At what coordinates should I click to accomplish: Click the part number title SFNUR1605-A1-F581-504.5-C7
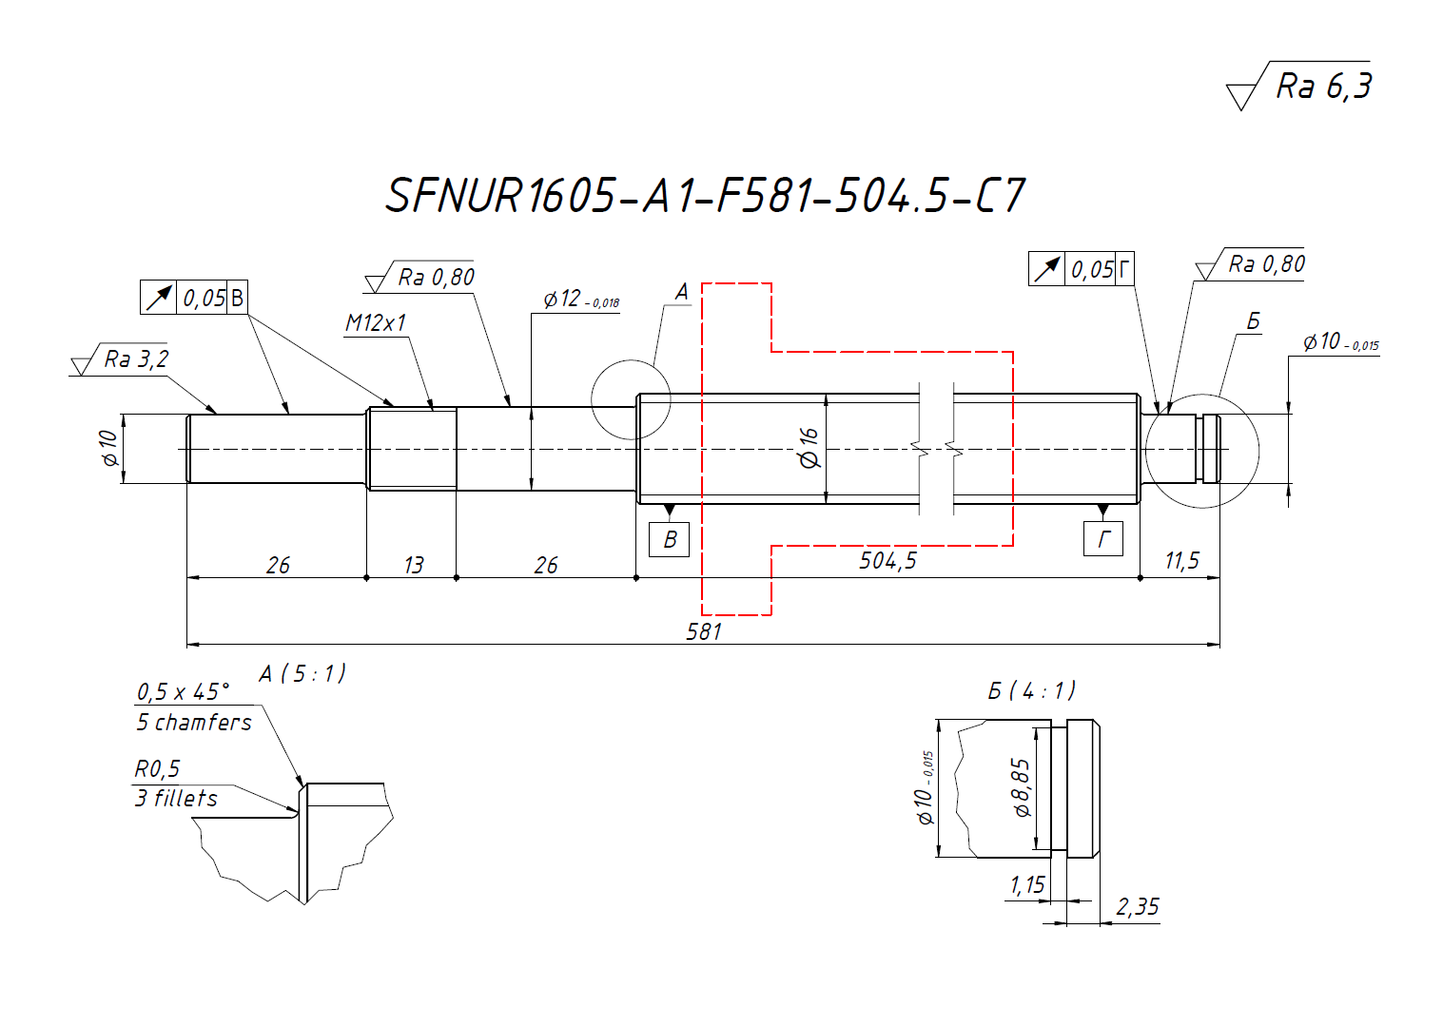705,195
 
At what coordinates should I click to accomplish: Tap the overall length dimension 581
704,631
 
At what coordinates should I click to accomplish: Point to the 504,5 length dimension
887,561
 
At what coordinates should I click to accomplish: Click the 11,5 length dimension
1181,561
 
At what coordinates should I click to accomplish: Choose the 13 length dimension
413,566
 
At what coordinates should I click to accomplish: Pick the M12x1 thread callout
376,323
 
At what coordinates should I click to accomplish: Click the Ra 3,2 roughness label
135,359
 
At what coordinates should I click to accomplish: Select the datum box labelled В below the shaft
670,539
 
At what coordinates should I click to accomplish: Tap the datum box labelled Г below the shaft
1103,539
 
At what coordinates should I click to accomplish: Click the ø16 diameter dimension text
809,448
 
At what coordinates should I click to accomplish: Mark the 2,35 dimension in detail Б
1138,907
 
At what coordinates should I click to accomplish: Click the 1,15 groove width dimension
1027,886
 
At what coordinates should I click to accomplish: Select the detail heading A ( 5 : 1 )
302,674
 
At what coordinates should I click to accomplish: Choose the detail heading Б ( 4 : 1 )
1031,690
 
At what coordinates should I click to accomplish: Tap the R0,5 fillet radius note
157,768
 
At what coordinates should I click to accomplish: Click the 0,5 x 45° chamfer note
184,691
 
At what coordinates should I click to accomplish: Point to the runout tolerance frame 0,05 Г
1082,269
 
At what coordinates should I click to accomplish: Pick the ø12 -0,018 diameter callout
581,300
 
